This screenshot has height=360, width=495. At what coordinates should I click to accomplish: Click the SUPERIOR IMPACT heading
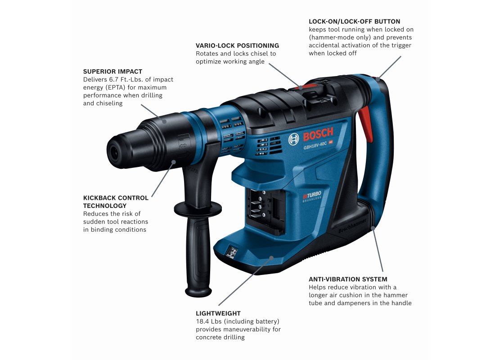pos(112,72)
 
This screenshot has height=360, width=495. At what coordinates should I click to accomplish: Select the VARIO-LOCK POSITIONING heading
pos(238,45)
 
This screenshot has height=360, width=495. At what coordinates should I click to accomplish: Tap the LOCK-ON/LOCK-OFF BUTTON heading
pos(355,22)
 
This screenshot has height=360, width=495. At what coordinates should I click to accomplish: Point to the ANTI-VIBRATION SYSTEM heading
pos(348,279)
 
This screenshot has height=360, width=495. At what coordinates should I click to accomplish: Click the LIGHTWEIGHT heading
pos(218,313)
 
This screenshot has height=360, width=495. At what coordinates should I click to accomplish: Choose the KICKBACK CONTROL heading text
pos(116,198)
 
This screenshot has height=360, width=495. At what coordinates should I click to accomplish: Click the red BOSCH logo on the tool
pos(318,135)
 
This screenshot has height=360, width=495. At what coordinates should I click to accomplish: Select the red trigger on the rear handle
pos(365,123)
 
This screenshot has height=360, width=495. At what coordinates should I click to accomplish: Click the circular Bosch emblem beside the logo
pos(293,139)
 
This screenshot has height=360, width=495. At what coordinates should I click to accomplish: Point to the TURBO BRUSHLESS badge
pos(312,196)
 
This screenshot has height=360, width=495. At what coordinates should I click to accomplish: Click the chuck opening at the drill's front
pos(115,153)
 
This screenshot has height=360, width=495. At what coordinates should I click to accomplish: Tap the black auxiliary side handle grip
pos(198,252)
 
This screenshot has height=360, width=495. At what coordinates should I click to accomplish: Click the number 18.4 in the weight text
pos(202,321)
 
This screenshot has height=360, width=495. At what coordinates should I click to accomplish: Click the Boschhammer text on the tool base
pos(352,226)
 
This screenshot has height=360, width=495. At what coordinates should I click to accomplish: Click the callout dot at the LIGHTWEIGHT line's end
pos(271,258)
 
